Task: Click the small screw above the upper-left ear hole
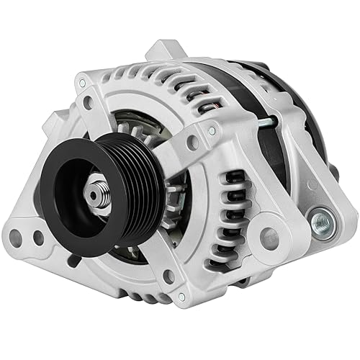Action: coord(81,85)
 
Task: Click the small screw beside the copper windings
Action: coord(211,131)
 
